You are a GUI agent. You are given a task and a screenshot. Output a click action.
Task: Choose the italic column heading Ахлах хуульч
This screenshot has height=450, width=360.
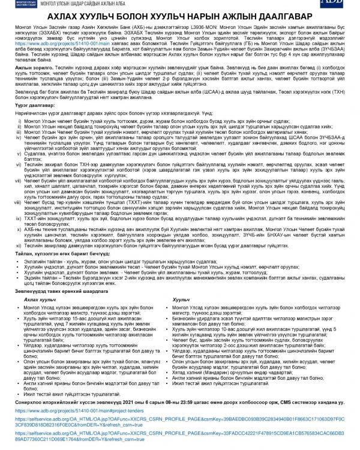point(40,316)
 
